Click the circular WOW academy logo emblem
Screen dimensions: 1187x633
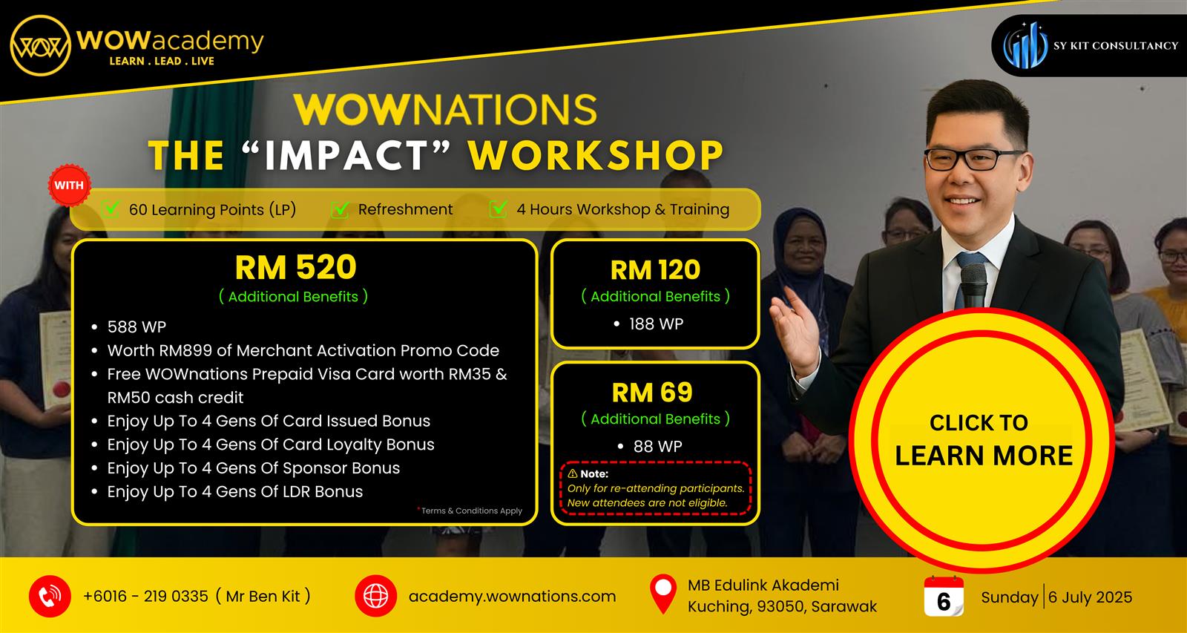point(40,45)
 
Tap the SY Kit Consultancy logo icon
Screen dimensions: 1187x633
point(1025,45)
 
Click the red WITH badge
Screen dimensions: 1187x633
point(69,185)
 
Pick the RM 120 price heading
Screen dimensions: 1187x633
point(656,270)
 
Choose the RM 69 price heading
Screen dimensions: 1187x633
point(652,393)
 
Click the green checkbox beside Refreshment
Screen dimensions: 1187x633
point(341,209)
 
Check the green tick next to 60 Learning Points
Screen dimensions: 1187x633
point(111,209)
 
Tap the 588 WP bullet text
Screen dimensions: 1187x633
point(137,327)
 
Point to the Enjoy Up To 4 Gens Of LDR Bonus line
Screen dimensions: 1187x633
point(234,491)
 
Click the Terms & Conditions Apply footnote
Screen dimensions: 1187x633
point(470,511)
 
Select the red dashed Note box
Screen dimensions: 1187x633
point(656,488)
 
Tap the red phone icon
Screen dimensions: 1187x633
point(50,597)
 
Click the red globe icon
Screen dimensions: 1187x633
point(375,597)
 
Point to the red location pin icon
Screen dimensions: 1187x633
point(663,594)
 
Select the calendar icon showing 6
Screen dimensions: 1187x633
point(944,597)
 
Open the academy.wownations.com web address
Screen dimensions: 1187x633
point(513,597)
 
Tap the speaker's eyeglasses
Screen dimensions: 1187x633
point(973,159)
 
